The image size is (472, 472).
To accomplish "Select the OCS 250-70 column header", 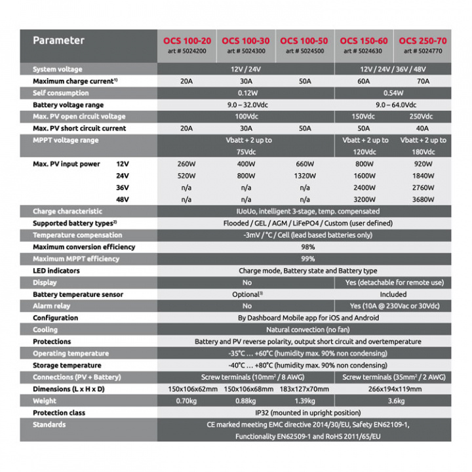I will coord(422,41).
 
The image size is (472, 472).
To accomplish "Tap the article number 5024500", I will coord(305,50).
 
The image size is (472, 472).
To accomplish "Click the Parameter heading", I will coord(59,40).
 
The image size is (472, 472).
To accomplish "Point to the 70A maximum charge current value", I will coord(423,81).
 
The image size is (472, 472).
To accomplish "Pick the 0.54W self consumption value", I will coord(393,93).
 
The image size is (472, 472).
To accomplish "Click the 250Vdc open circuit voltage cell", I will coord(423,117).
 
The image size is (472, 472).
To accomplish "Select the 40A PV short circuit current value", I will coord(423,128).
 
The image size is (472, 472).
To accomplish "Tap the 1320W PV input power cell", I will coord(305,176).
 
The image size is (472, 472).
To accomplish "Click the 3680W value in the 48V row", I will coord(423,199).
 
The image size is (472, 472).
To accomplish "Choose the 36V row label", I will coord(123,187).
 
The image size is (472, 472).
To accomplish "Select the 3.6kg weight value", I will coord(393,401).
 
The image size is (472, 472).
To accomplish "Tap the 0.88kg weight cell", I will coord(246,401).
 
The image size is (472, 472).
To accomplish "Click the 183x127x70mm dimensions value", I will coord(305,389).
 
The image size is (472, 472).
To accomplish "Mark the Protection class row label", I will coord(59,413).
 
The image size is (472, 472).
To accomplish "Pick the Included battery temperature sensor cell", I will coord(393,294).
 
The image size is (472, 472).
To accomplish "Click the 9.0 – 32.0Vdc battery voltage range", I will coord(246,105).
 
